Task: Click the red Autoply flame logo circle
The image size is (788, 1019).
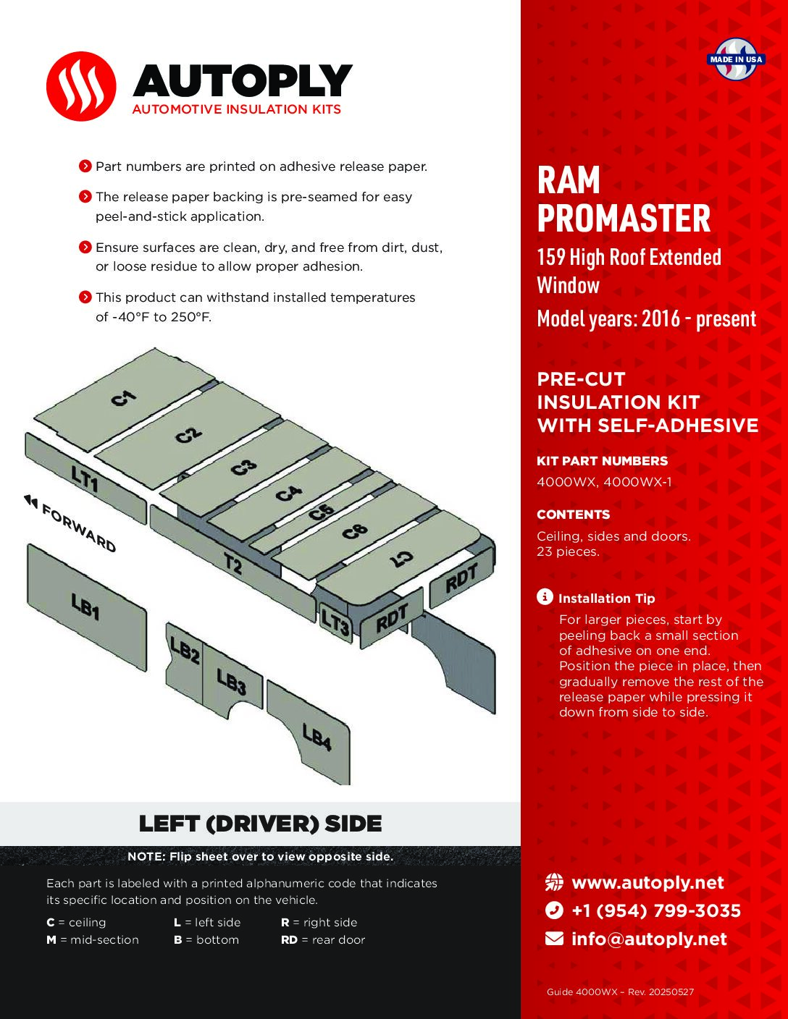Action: (x=80, y=86)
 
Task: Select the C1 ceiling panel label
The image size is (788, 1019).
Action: (x=123, y=397)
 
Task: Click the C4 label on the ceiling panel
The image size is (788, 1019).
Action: (x=288, y=494)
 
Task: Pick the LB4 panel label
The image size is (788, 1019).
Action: (x=317, y=737)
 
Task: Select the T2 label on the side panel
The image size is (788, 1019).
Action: (x=232, y=562)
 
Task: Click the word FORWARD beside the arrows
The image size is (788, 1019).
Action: (x=79, y=528)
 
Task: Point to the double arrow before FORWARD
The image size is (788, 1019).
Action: (x=30, y=500)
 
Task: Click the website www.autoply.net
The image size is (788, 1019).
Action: (x=647, y=883)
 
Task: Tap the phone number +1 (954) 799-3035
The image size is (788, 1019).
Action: (x=656, y=910)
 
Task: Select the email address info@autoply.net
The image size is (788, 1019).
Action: (x=649, y=939)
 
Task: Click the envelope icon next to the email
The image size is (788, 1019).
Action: (x=554, y=939)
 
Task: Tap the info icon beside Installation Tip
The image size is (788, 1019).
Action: (x=545, y=597)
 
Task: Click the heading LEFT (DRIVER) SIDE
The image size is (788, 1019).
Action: (x=260, y=824)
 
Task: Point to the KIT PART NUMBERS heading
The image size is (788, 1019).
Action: (x=602, y=461)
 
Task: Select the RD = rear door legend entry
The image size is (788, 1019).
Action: (x=323, y=939)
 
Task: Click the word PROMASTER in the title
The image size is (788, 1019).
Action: (x=624, y=219)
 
